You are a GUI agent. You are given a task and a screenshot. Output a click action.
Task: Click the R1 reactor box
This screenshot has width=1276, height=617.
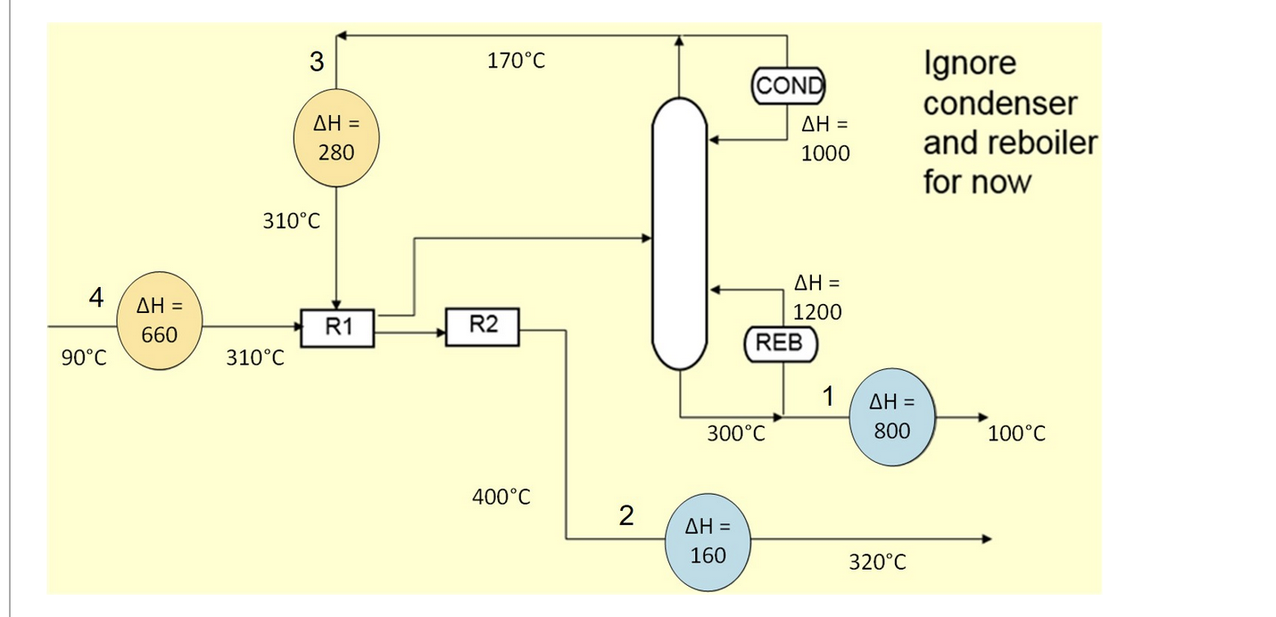(x=336, y=327)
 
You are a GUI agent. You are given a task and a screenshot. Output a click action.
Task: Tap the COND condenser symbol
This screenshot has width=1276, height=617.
(x=789, y=86)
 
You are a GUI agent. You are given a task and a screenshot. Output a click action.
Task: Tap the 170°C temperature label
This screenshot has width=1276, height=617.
(x=516, y=62)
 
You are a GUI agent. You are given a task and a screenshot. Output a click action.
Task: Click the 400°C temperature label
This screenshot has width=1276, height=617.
(x=501, y=497)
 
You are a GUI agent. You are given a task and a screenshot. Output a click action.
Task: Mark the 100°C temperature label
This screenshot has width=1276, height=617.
(x=1016, y=434)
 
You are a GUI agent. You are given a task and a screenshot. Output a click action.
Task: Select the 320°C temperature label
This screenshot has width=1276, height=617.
(x=877, y=562)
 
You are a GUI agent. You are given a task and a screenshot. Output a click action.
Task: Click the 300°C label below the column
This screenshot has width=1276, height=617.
(x=736, y=434)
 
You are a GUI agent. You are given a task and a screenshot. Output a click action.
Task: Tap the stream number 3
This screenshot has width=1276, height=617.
(x=317, y=62)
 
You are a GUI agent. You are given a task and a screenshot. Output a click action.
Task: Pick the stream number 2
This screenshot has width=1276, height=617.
(x=626, y=515)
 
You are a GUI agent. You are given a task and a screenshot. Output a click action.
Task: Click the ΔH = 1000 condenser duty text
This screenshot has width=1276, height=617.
(x=824, y=138)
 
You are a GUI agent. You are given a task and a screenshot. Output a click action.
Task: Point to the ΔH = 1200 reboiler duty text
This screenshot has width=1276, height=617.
(x=816, y=298)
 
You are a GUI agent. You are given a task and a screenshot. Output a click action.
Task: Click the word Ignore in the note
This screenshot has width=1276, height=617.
(x=969, y=64)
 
